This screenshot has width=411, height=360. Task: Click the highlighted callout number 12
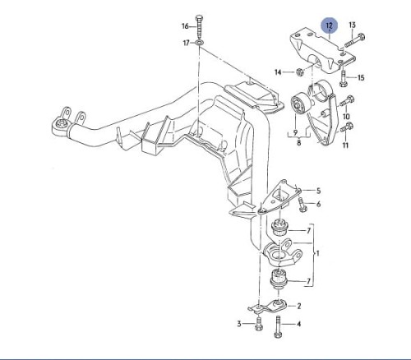click(x=329, y=26)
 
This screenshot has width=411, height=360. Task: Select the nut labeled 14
click(x=299, y=72)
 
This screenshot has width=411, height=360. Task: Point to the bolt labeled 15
click(x=343, y=78)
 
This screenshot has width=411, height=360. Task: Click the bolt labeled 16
click(x=199, y=26)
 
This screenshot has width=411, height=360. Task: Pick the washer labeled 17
click(x=199, y=43)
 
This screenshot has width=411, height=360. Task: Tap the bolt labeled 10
click(x=347, y=101)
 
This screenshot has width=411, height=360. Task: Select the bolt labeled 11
click(x=347, y=127)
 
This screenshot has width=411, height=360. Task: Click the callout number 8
click(x=299, y=142)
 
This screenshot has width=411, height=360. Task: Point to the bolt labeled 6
click(x=302, y=204)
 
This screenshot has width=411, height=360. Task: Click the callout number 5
click(x=318, y=191)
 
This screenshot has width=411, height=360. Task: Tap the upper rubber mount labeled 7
click(x=279, y=228)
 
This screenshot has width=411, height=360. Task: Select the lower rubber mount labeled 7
click(x=279, y=280)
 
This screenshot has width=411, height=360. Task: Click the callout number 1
click(x=318, y=253)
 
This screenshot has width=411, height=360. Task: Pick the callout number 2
click(x=299, y=306)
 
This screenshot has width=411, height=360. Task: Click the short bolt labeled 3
click(x=258, y=324)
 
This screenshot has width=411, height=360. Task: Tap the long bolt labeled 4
click(x=278, y=326)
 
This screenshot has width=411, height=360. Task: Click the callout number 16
click(x=185, y=26)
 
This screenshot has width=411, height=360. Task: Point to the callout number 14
click(x=278, y=72)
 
